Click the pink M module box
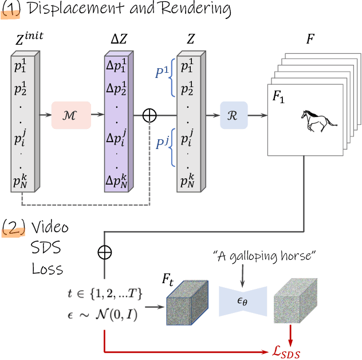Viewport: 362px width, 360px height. tap(71, 115)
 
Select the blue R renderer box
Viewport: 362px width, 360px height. tap(233, 115)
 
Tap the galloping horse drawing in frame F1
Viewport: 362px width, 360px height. tap(319, 120)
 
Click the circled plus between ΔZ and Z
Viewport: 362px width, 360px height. tap(149, 115)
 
